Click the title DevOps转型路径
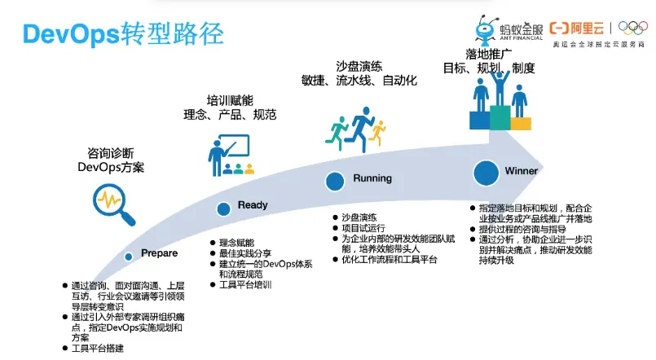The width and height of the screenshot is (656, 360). pyautogui.click(x=123, y=34)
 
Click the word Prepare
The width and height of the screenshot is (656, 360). pyautogui.click(x=160, y=254)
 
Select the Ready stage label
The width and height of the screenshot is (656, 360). pyautogui.click(x=253, y=205)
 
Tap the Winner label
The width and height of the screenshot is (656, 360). pyautogui.click(x=522, y=172)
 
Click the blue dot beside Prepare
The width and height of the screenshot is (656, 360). pyautogui.click(x=128, y=257)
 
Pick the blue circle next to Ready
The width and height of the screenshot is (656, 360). pyautogui.click(x=223, y=209)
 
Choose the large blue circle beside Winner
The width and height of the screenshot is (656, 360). pyautogui.click(x=486, y=173)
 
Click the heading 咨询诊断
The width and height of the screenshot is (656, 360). pyautogui.click(x=111, y=153)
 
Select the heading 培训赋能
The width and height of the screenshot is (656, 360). pyautogui.click(x=230, y=100)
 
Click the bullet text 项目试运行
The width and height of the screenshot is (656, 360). pyautogui.click(x=363, y=230)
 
